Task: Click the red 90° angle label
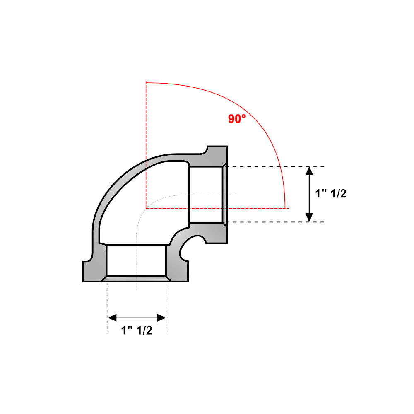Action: point(236,119)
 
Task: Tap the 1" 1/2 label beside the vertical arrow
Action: point(330,193)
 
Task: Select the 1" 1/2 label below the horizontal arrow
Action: point(137,330)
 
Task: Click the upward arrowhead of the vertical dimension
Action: point(309,171)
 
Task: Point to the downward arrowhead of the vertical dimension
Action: point(309,217)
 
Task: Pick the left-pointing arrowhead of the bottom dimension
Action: point(112,318)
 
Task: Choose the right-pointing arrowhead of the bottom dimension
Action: point(161,318)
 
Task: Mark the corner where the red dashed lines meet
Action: point(146,208)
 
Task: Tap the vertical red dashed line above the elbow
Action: point(146,144)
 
